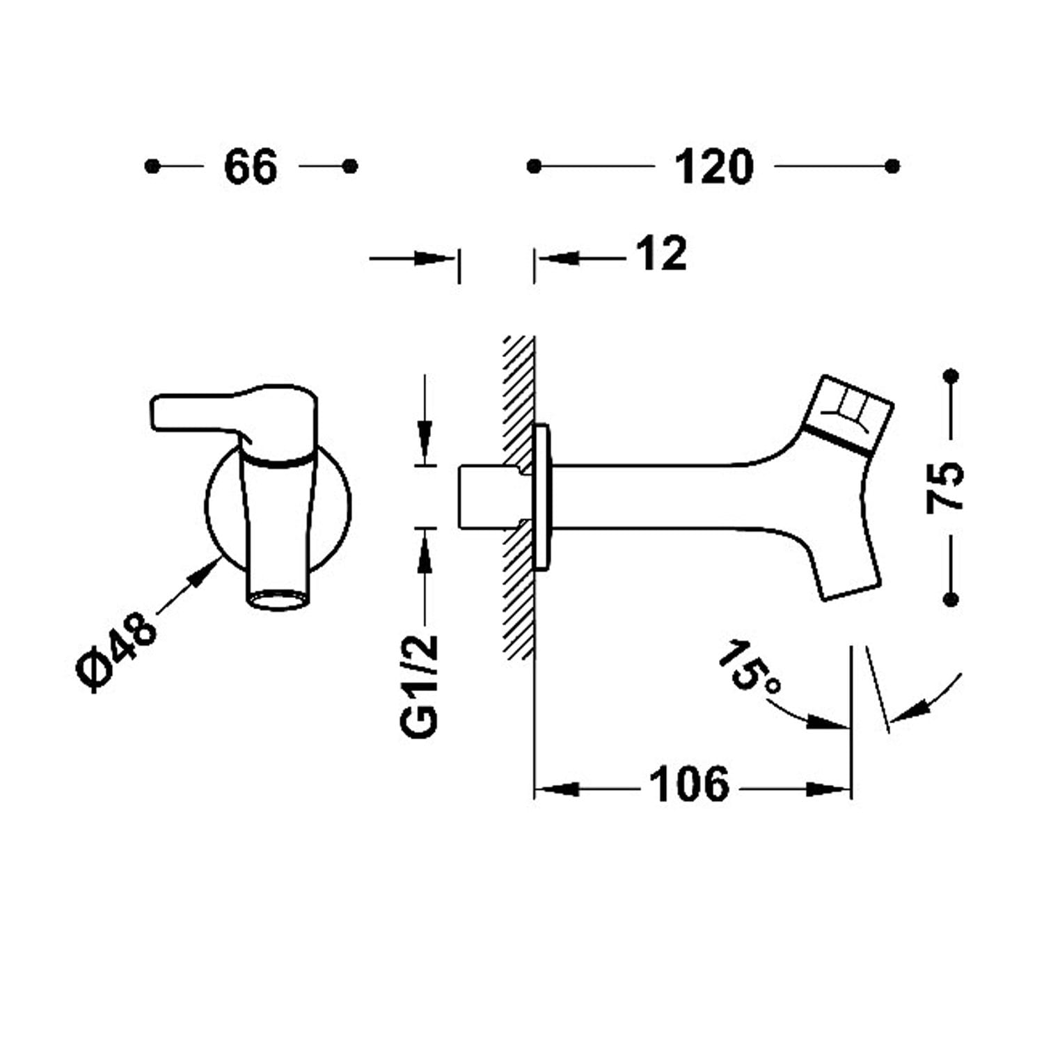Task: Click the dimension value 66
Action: point(251,167)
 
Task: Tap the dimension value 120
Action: point(714,167)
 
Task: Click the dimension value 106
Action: point(689,784)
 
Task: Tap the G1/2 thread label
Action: point(420,686)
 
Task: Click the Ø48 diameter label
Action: point(116,651)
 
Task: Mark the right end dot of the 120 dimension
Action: point(892,166)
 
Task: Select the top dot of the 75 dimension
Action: point(950,377)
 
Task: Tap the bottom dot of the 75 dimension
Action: point(950,599)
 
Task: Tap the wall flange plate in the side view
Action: point(541,497)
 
